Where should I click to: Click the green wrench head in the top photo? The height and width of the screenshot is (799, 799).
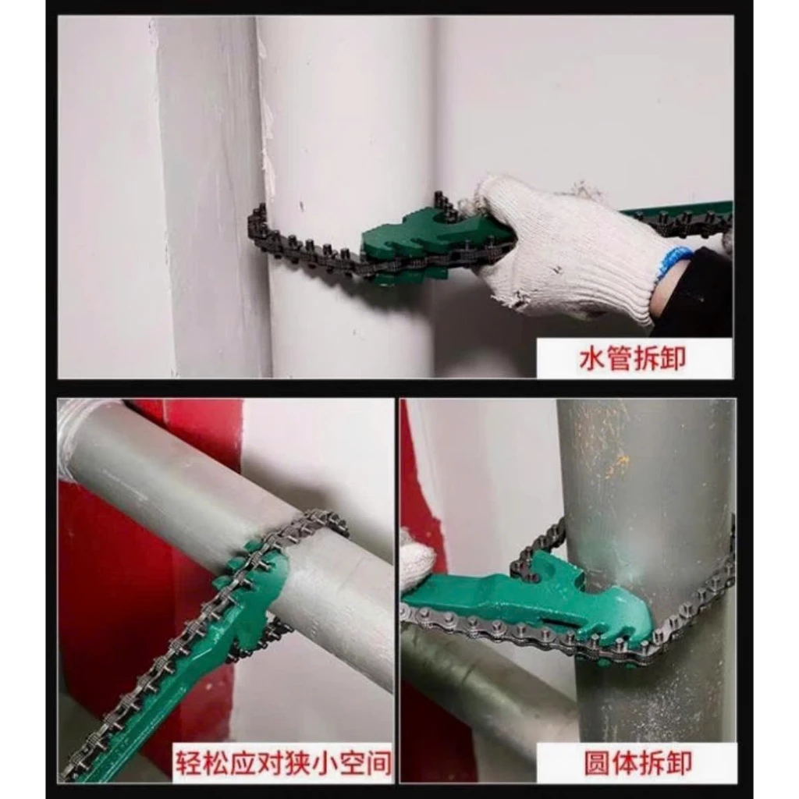pyautogui.click(x=407, y=244)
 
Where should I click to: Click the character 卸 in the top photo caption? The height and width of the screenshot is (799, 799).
pyautogui.click(x=673, y=358)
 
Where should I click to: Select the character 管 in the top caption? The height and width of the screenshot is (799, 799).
pyautogui.click(x=619, y=358)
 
